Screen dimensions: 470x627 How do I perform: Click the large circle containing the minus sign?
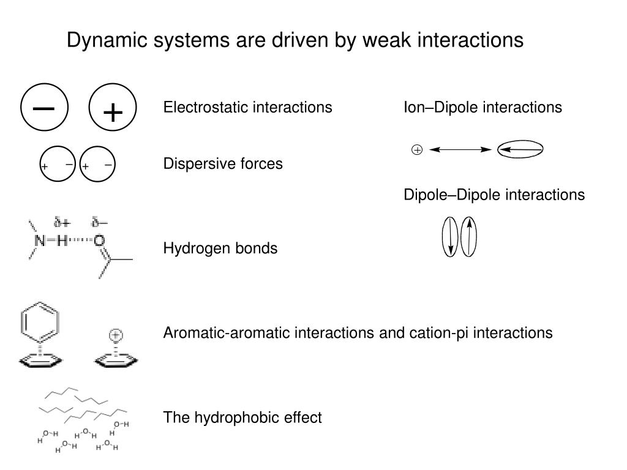click(44, 108)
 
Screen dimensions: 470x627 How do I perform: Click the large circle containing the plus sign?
click(113, 111)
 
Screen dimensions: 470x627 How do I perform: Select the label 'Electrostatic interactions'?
click(247, 108)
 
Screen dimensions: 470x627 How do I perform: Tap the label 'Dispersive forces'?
click(223, 164)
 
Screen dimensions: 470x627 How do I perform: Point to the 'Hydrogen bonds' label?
click(220, 248)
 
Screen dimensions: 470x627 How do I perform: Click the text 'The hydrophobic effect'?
click(242, 417)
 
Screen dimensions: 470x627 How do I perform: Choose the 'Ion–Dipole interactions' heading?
click(482, 108)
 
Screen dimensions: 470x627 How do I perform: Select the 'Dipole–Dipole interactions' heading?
click(494, 195)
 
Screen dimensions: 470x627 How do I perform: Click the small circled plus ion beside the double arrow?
click(417, 149)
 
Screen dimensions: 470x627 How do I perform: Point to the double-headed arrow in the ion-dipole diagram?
click(460, 149)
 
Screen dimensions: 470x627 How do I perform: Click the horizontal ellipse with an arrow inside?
click(520, 149)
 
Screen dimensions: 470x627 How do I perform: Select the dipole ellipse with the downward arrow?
click(450, 236)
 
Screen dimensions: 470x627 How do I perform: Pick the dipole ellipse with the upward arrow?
click(468, 236)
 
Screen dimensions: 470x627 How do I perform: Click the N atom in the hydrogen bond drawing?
click(39, 241)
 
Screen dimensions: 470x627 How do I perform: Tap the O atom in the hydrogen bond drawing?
click(99, 241)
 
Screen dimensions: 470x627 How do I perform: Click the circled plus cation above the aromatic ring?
click(116, 335)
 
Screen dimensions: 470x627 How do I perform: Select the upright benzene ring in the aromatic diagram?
click(40, 323)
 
